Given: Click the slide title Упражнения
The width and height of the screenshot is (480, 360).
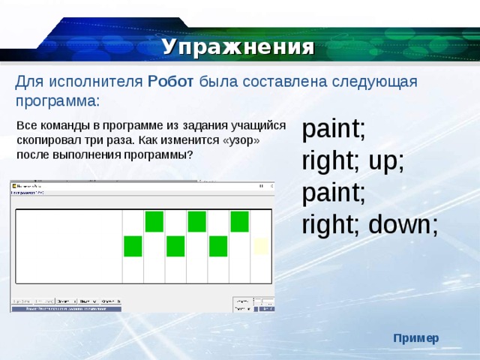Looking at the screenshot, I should coord(238,47).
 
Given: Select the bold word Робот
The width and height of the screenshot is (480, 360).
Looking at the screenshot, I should coord(171,82).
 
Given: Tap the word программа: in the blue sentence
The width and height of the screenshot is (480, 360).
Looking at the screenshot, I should coord(57,100).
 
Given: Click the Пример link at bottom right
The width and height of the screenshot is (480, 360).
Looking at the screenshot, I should coord(416,338).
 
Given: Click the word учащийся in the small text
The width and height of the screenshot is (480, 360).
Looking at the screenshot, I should coord(256,127).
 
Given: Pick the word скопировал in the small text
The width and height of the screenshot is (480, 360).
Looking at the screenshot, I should coord(45,141).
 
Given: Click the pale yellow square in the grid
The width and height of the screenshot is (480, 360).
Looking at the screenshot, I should coord(261,246).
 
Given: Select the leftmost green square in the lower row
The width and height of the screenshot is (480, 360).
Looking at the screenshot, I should coord(133,246).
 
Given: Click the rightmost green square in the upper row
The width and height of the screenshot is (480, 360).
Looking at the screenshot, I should coord(240,221).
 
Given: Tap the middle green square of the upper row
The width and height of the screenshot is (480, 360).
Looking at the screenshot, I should coord(197,221).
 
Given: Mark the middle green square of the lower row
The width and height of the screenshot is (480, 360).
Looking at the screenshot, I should coord(175,246).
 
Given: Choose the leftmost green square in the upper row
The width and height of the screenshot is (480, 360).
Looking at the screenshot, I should coord(154,221).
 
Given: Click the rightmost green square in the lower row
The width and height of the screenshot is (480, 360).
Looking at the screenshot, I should coord(218,246).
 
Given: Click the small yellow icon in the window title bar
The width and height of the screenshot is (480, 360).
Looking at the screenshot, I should coord(14,185).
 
